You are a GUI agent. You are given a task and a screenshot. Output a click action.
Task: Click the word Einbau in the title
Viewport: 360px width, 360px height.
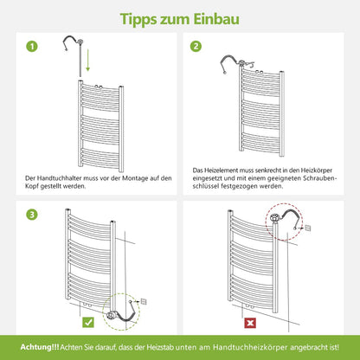click(216, 19)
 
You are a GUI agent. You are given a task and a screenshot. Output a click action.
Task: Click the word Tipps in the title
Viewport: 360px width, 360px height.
click(138, 20)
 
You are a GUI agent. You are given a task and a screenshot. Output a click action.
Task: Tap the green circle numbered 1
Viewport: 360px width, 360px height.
click(32, 47)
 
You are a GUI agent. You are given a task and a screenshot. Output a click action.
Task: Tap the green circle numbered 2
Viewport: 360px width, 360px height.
click(196, 46)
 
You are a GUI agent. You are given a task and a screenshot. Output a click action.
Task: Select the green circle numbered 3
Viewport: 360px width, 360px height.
click(32, 215)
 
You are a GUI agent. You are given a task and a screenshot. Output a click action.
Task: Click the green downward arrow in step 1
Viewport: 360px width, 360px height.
click(88, 60)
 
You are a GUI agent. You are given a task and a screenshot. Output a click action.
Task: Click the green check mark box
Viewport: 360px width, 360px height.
click(88, 322)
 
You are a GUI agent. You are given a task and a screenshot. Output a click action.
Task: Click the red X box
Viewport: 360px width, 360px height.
click(250, 323)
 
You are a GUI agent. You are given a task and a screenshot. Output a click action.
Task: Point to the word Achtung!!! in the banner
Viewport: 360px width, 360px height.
click(40, 347)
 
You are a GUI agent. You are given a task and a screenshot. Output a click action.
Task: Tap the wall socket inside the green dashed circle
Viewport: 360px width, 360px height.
click(144, 302)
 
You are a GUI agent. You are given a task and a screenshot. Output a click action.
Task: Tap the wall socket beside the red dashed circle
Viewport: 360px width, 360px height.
click(307, 228)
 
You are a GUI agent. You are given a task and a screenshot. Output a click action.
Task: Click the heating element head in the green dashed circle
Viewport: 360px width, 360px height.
click(111, 316)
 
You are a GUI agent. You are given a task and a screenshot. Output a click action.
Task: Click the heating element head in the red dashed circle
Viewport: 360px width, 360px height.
click(275, 217)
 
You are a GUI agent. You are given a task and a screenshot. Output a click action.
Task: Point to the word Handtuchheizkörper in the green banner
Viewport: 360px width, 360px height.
click(250, 347)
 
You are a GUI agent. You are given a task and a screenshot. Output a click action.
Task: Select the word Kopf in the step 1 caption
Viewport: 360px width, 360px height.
click(32, 186)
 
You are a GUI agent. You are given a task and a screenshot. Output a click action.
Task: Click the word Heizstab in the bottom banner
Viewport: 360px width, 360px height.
click(160, 347)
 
